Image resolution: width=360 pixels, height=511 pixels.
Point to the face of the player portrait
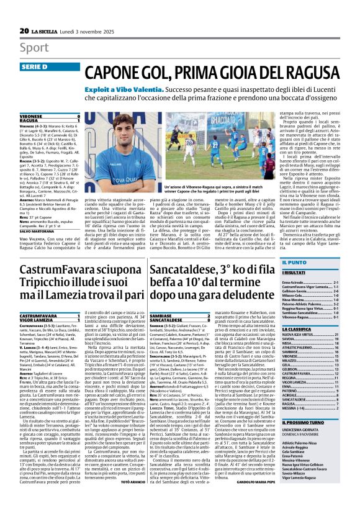coord(122,128)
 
